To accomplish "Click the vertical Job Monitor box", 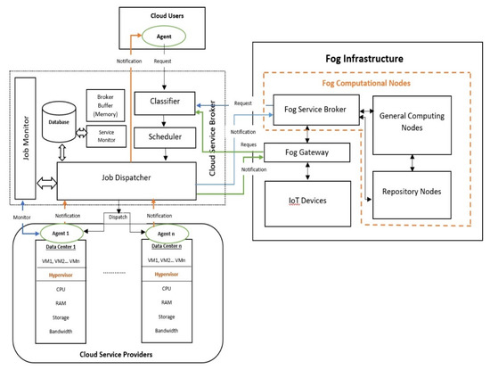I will point(23,139).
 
